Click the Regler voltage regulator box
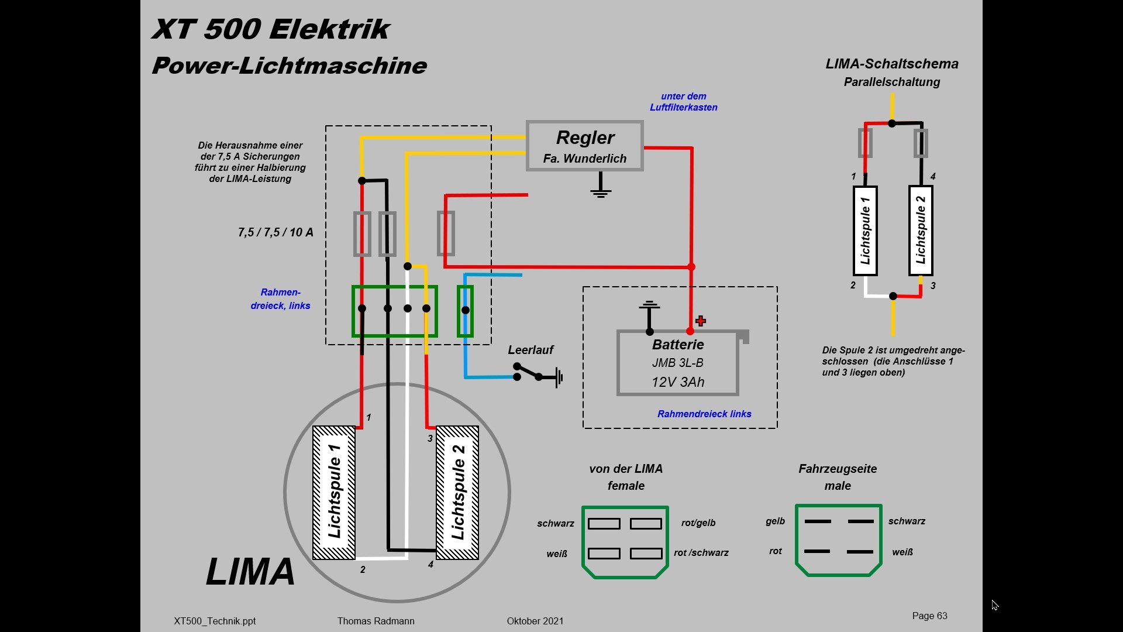click(584, 146)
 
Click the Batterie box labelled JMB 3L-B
click(678, 363)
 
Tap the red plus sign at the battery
click(701, 321)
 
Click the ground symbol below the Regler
click(601, 186)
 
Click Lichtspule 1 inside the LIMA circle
click(334, 492)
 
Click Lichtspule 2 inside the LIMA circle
click(457, 492)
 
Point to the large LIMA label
click(250, 572)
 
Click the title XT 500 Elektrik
click(271, 29)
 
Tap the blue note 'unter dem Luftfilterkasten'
click(683, 102)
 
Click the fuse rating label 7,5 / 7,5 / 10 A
click(275, 232)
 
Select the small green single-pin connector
click(465, 311)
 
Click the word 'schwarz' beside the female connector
click(555, 524)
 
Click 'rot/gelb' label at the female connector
click(698, 523)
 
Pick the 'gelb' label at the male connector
click(775, 521)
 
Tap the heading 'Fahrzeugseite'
click(838, 469)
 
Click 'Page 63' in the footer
click(929, 616)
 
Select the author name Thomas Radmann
click(376, 621)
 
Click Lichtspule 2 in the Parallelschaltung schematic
click(921, 230)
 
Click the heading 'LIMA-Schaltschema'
click(892, 64)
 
